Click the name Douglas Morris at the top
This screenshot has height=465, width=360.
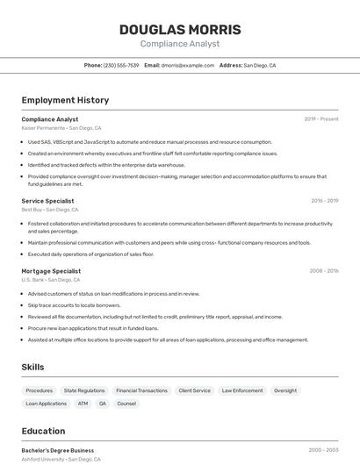click(180, 30)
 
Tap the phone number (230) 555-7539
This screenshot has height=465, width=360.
click(121, 65)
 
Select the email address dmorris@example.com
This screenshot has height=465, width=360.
click(188, 65)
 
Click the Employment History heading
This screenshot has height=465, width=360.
click(65, 100)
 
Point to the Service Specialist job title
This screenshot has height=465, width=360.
click(47, 201)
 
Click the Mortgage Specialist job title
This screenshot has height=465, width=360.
click(51, 271)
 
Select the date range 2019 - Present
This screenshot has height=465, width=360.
click(321, 119)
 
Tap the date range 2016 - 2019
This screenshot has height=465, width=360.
click(324, 201)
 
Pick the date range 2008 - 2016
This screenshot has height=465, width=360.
click(324, 271)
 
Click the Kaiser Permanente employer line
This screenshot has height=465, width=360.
click(61, 128)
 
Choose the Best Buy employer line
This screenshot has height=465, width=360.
click(50, 210)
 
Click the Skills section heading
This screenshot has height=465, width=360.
click(33, 367)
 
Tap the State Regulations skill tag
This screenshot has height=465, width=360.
click(84, 390)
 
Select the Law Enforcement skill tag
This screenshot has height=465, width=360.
click(242, 390)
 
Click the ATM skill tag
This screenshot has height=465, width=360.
click(83, 404)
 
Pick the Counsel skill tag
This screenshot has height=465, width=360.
click(126, 404)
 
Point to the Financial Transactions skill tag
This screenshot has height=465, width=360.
click(141, 390)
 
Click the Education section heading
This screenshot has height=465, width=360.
click(44, 431)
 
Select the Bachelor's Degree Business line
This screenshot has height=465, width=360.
click(58, 450)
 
